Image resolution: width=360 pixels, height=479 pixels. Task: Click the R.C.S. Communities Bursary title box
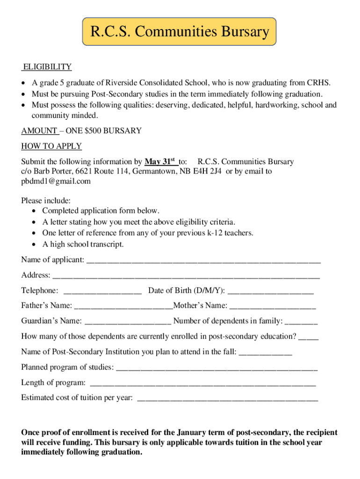(x=180, y=32)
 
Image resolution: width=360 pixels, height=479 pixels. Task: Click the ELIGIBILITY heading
(x=47, y=67)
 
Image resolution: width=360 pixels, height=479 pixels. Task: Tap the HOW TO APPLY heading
(x=51, y=146)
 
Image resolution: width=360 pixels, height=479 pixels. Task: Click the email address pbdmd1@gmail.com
(x=56, y=181)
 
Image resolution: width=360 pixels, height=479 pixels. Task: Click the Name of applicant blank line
(x=203, y=260)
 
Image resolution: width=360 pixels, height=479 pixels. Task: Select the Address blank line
(x=186, y=276)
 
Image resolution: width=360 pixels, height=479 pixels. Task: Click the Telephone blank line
(x=102, y=291)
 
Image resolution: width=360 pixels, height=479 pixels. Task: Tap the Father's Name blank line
(x=123, y=307)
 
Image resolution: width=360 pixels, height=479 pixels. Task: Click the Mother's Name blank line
(x=273, y=307)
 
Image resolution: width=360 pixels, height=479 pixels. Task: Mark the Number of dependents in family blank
(x=301, y=322)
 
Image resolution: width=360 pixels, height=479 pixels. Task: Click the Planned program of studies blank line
(x=216, y=368)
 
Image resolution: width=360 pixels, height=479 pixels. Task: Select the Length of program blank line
(x=202, y=384)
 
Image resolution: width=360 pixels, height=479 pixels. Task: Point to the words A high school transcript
(x=83, y=244)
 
